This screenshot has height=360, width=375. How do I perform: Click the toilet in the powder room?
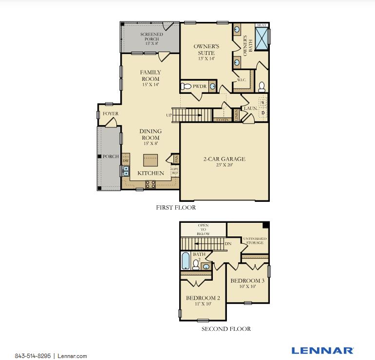[x=186, y=87]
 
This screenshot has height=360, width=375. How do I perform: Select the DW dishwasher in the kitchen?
[x=126, y=161]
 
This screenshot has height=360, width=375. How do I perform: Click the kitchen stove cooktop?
[x=150, y=183]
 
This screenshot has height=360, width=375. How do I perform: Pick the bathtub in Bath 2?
[x=186, y=261]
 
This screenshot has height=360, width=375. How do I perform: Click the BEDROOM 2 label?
[x=202, y=301]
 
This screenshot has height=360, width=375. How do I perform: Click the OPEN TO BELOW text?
[x=203, y=230]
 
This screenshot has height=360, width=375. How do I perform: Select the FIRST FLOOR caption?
[x=176, y=208]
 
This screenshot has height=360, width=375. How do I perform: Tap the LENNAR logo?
[x=322, y=350]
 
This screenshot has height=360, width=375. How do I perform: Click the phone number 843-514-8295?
[x=32, y=356]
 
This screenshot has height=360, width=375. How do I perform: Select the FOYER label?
[x=110, y=114]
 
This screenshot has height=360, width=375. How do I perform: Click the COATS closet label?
[x=223, y=119]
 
